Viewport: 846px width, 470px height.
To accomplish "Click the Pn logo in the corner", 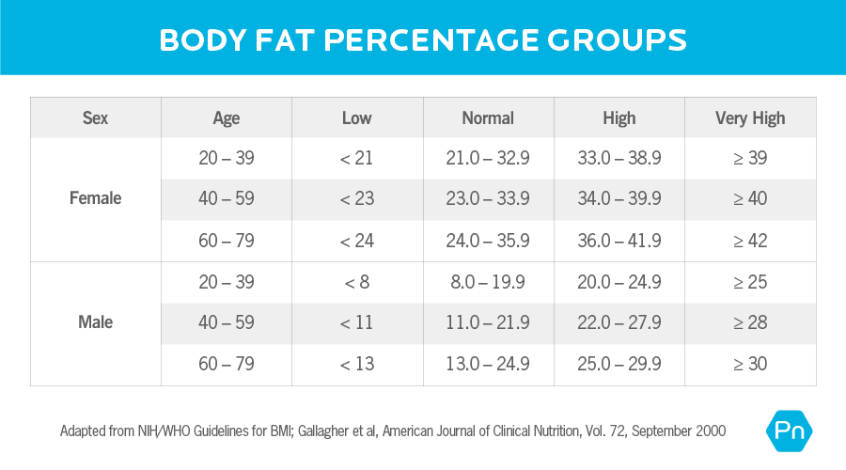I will pos(790,431).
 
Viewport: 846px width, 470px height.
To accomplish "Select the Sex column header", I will pos(95,118).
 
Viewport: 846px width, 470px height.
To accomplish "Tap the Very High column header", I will pos(750,118).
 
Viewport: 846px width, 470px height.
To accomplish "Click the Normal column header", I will pos(488,118).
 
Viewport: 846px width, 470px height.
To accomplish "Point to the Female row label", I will pos(95,199).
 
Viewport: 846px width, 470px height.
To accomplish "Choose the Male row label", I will pos(95,322).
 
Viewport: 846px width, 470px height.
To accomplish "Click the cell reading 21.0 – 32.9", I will pos(488,159).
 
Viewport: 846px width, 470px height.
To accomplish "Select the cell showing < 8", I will pos(357,282).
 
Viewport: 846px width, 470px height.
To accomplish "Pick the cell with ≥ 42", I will pos(750,241).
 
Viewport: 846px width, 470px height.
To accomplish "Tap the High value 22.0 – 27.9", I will pos(619,322).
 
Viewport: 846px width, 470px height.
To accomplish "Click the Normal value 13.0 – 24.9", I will pos(488,364).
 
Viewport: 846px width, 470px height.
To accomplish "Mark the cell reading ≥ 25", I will pos(750,282).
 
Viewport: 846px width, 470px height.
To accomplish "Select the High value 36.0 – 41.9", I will pos(619,241).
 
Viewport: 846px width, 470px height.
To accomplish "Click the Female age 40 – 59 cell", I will pos(227,199).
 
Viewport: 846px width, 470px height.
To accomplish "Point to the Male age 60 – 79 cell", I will pos(227,364).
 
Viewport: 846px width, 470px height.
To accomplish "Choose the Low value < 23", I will pos(357,199).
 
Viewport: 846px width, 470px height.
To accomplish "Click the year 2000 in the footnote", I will pos(708,431).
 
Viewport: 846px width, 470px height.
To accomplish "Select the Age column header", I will pos(227,118).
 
